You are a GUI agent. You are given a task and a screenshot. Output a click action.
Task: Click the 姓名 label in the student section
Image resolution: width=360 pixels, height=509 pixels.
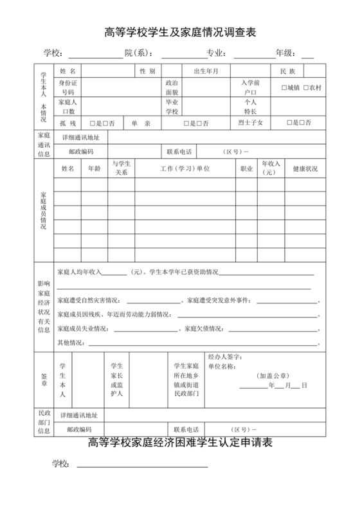[x=67, y=71]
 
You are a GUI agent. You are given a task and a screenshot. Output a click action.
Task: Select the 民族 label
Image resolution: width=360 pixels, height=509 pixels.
[x=287, y=71]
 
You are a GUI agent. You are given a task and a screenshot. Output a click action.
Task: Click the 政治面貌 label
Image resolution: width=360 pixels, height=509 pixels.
[x=172, y=87]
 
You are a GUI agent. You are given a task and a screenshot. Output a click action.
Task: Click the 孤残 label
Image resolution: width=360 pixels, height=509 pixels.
[x=67, y=122]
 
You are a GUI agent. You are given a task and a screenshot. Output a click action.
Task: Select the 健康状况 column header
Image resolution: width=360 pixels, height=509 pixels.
[x=305, y=168]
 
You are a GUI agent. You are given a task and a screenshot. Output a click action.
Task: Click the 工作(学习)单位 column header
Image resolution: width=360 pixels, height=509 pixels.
[x=185, y=168]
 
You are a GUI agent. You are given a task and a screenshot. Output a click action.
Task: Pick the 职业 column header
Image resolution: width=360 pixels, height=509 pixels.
[x=246, y=168]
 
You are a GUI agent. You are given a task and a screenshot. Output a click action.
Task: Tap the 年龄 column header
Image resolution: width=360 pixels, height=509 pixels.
[x=93, y=168]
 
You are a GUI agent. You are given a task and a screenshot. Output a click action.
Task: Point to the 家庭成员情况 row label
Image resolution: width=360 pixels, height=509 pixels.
[x=43, y=210]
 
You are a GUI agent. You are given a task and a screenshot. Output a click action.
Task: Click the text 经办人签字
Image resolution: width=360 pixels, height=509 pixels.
[x=224, y=356]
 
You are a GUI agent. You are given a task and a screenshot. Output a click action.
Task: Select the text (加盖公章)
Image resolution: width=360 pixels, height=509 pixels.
[x=273, y=375]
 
